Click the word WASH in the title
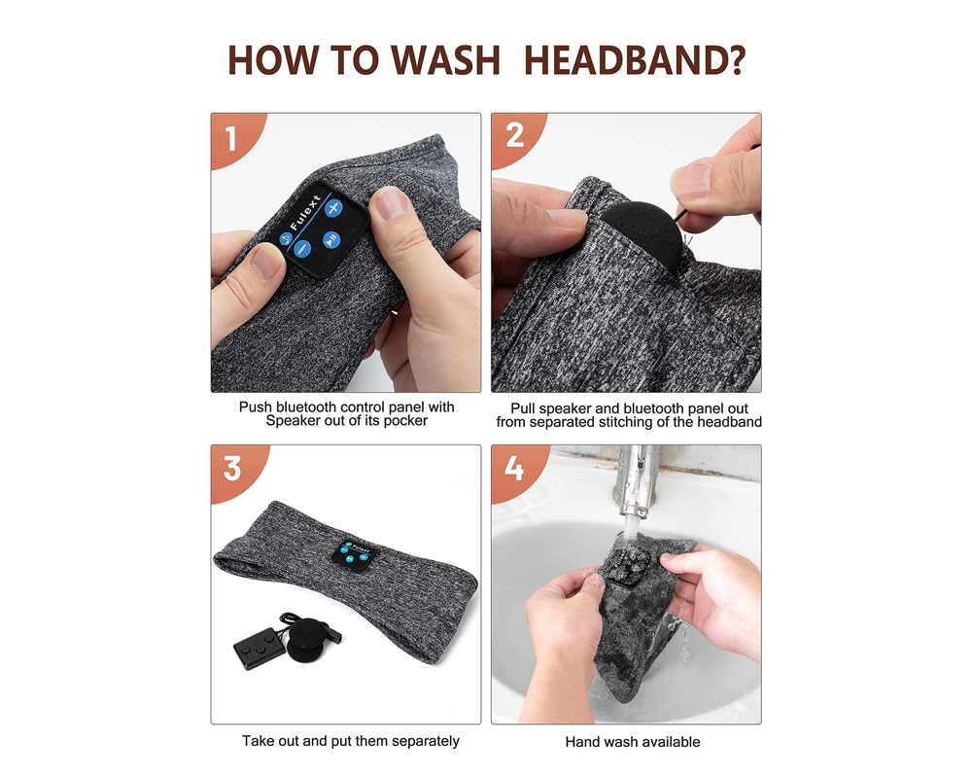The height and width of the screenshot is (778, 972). (445, 61)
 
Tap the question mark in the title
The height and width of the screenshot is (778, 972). (736, 61)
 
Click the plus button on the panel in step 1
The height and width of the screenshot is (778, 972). (333, 208)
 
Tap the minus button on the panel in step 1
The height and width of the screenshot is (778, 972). (302, 249)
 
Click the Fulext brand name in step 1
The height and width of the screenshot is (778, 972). (305, 213)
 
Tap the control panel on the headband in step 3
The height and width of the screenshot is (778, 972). (355, 553)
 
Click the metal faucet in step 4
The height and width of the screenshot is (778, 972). (637, 481)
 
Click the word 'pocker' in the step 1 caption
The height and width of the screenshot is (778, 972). (405, 421)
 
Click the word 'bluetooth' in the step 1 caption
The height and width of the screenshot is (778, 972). (307, 407)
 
